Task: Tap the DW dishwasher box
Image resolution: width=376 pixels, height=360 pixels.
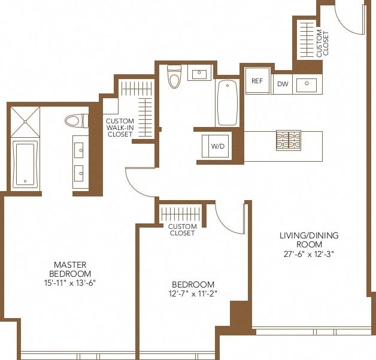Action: [283, 84]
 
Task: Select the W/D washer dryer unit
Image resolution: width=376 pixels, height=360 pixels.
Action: [215, 146]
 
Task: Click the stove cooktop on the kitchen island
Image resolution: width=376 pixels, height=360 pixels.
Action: [288, 141]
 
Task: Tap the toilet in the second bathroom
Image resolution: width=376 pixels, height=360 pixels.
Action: [174, 76]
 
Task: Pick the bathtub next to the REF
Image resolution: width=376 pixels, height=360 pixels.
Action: [227, 102]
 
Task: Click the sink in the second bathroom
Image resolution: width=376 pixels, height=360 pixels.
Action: [198, 74]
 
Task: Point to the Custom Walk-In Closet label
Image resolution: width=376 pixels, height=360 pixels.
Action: [120, 127]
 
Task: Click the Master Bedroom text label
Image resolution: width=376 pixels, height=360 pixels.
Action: [71, 269]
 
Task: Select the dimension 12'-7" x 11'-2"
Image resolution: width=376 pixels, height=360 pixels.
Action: [193, 294]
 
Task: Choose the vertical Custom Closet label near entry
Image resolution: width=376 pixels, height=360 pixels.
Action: [323, 43]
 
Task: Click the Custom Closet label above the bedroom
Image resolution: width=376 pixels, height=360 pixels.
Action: [182, 230]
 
